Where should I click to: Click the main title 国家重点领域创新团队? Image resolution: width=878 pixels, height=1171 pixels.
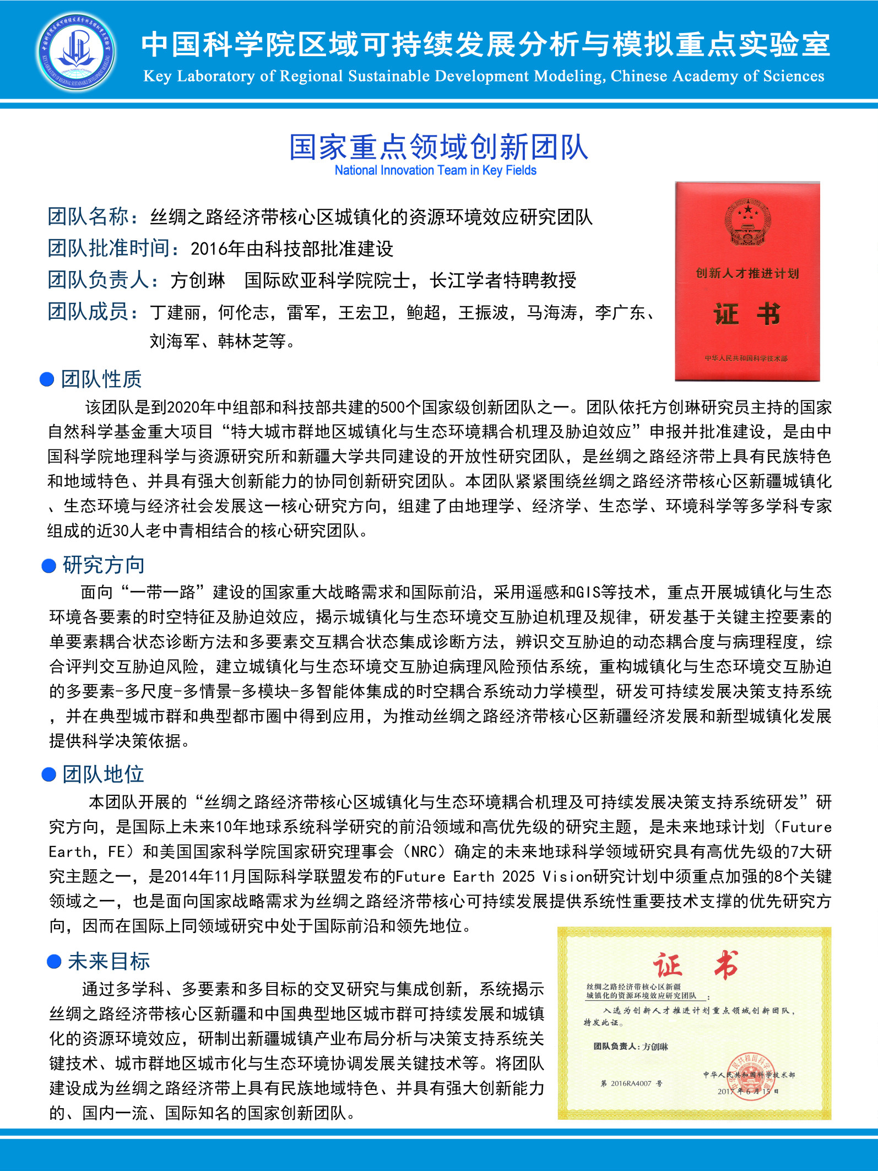[x=438, y=147]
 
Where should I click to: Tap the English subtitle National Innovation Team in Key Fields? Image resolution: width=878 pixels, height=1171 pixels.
[x=435, y=171]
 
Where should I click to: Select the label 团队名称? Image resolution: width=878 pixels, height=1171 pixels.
[x=88, y=216]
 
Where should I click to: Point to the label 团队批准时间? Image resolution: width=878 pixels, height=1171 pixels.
[x=109, y=248]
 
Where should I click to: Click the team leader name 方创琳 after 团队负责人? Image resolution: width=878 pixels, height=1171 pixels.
[x=198, y=280]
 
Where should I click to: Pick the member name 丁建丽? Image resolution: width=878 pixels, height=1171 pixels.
[x=175, y=313]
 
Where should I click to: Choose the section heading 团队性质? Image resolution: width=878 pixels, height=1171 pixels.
[x=101, y=379]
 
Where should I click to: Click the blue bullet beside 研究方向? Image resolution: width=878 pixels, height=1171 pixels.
[x=49, y=566]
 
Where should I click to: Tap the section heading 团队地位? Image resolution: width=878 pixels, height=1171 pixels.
[x=103, y=774]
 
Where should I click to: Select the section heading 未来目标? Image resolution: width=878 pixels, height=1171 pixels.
[x=109, y=961]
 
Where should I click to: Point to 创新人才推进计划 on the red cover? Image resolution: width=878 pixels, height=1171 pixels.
[x=747, y=273]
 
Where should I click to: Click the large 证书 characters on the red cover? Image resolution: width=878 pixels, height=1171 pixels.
[x=747, y=315]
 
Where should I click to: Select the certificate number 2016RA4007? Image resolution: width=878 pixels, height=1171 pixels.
[x=631, y=1083]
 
